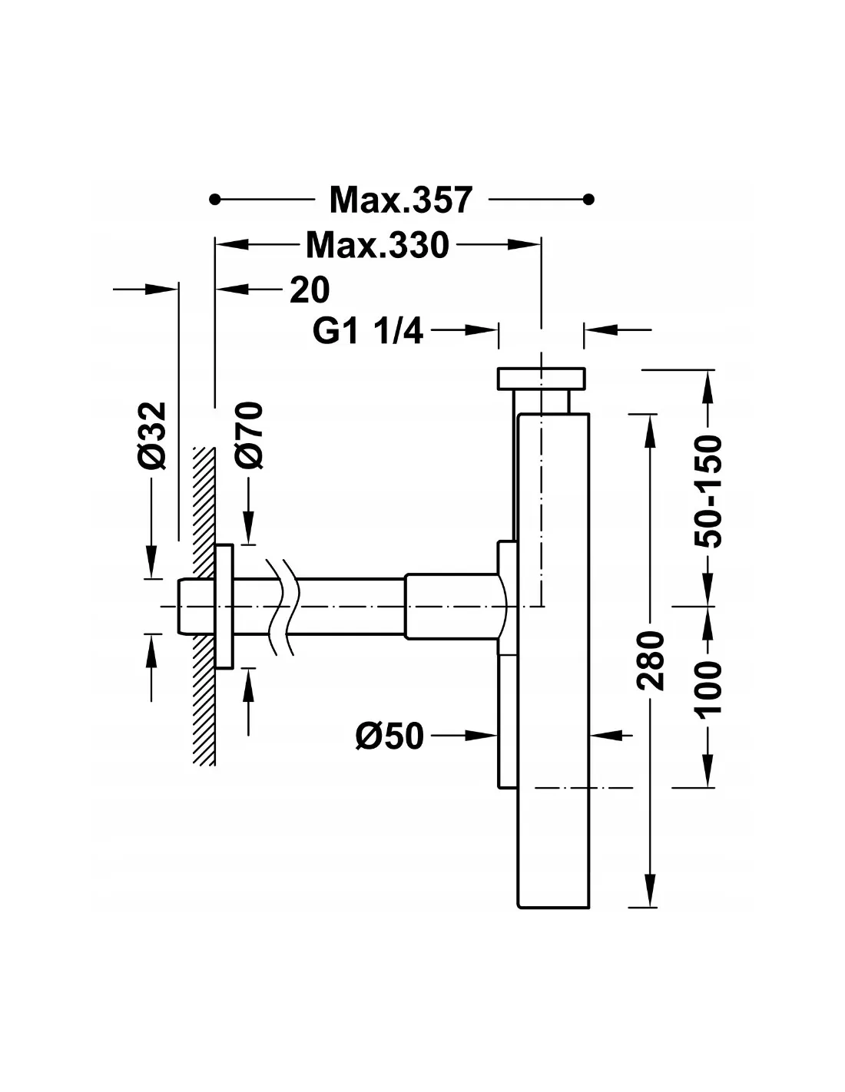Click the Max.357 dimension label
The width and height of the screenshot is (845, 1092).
pos(401,200)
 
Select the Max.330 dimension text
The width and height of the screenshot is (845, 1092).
pos(377,245)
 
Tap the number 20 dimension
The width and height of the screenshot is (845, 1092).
pos(310,290)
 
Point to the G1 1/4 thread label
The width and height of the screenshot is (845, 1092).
pos(367,331)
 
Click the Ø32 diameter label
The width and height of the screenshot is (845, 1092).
pos(151,435)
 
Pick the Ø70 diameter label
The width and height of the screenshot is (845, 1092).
pos(249,435)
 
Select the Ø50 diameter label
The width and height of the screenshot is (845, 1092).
pos(389,736)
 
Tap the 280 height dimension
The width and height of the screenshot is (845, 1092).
pos(651,660)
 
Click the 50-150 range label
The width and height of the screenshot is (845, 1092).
pos(707,491)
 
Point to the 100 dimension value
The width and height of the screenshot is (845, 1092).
pos(707,689)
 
